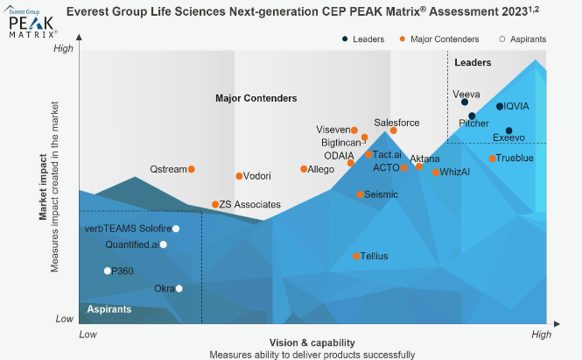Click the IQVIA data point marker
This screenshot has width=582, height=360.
pyautogui.click(x=500, y=107)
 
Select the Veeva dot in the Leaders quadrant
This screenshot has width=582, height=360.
pyautogui.click(x=465, y=102)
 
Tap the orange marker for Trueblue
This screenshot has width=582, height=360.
pyautogui.click(x=493, y=159)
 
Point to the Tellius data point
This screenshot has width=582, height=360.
pyautogui.click(x=357, y=257)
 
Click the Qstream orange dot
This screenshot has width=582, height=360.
pyautogui.click(x=192, y=169)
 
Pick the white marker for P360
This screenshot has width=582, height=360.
pyautogui.click(x=108, y=271)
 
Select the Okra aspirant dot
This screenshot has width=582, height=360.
pyautogui.click(x=179, y=288)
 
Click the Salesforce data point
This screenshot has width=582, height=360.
pyautogui.click(x=394, y=131)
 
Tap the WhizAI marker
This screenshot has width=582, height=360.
pyautogui.click(x=436, y=173)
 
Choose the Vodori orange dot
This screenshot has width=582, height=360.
pyautogui.click(x=239, y=176)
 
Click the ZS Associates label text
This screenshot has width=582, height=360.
pyautogui.click(x=250, y=205)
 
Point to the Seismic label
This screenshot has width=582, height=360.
pyautogui.click(x=381, y=194)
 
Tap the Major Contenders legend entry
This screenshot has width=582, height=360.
pyautogui.click(x=443, y=39)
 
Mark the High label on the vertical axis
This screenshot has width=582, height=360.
pyautogui.click(x=64, y=49)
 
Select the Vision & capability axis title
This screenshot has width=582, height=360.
pyautogui.click(x=312, y=342)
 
